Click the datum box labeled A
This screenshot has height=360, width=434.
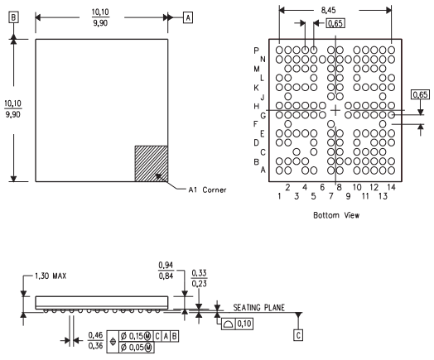pyautogui.click(x=188, y=17)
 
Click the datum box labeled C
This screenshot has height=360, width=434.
pyautogui.click(x=298, y=335)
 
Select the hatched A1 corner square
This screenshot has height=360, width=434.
pyautogui.click(x=151, y=164)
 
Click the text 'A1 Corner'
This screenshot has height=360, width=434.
pyautogui.click(x=207, y=190)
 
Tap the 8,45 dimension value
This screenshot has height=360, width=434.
pyautogui.click(x=328, y=10)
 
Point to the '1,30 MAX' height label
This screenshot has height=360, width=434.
pyautogui.click(x=51, y=276)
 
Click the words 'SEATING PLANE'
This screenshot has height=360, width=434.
pyautogui.click(x=258, y=308)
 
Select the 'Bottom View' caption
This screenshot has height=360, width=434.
pyautogui.click(x=336, y=215)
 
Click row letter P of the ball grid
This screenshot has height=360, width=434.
pyautogui.click(x=256, y=50)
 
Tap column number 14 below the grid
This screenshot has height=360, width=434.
pyautogui.click(x=391, y=187)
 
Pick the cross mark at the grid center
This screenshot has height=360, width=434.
pyautogui.click(x=335, y=110)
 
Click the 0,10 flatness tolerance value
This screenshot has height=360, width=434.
pyautogui.click(x=244, y=324)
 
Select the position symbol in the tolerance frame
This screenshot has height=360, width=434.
pyautogui.click(x=113, y=342)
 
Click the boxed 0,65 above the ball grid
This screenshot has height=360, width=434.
pyautogui.click(x=335, y=23)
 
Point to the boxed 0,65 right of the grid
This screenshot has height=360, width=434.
pyautogui.click(x=421, y=94)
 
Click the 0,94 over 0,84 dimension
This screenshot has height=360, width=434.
pyautogui.click(x=166, y=271)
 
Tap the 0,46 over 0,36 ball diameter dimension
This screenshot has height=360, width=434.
pyautogui.click(x=95, y=340)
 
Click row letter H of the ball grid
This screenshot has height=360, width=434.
pyautogui.click(x=256, y=106)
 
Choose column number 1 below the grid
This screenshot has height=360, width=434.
pyautogui.click(x=279, y=196)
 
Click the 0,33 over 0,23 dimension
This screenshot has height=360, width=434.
pyautogui.click(x=199, y=278)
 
